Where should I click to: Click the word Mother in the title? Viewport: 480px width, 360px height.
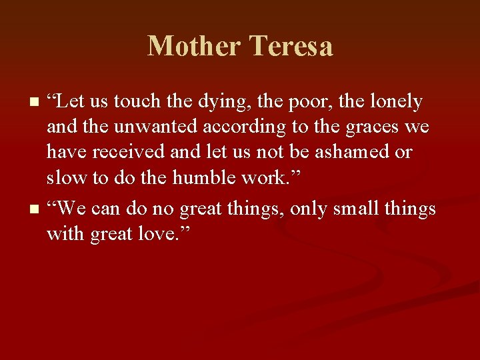(x=194, y=47)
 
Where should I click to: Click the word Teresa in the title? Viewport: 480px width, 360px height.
(x=291, y=47)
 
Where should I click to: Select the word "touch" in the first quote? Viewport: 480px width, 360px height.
(x=137, y=102)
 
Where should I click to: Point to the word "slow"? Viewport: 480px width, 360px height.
(x=63, y=178)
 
